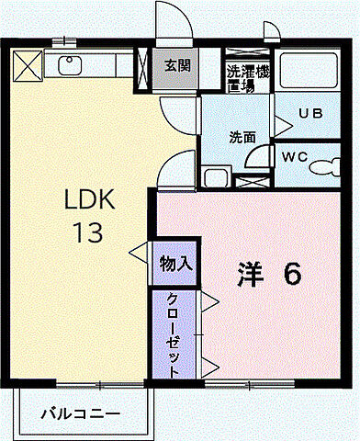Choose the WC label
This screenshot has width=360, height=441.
click(294, 155)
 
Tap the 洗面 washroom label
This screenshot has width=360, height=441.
click(242, 138)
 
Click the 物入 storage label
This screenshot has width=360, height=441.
click(174, 263)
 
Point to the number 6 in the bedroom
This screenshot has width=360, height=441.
click(291, 274)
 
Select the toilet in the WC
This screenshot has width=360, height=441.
click(323, 167)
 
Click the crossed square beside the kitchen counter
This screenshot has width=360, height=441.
click(28, 66)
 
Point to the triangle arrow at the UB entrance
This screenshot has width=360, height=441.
click(281, 124)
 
